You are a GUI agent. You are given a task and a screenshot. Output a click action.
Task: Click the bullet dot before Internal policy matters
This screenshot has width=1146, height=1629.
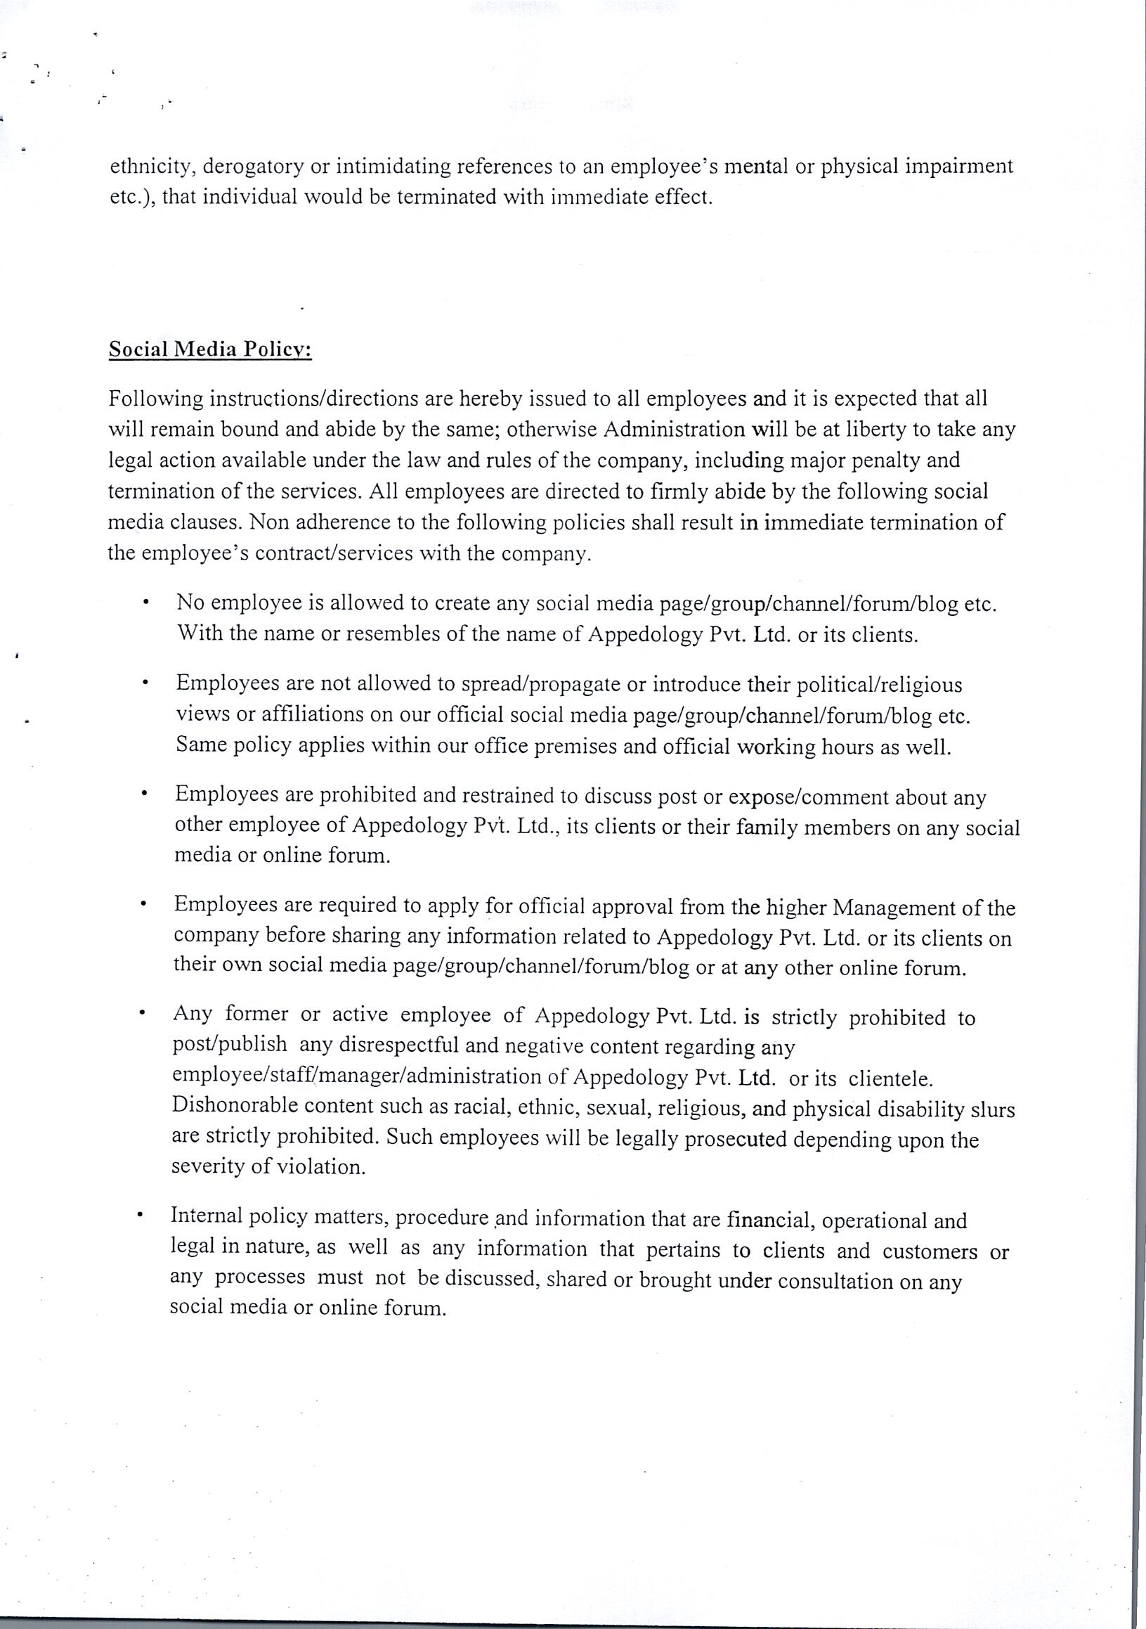click(143, 1218)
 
